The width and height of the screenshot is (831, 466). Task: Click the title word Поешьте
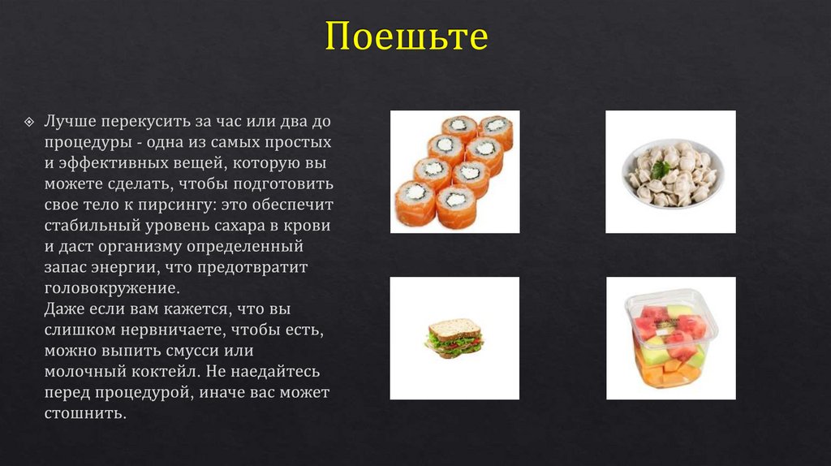(407, 37)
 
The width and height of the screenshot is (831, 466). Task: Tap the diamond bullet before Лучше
(29, 122)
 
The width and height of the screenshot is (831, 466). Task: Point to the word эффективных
(112, 162)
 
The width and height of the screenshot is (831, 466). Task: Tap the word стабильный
(92, 226)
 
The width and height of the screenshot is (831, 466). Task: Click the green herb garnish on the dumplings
(662, 169)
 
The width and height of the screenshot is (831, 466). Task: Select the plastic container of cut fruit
(671, 339)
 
